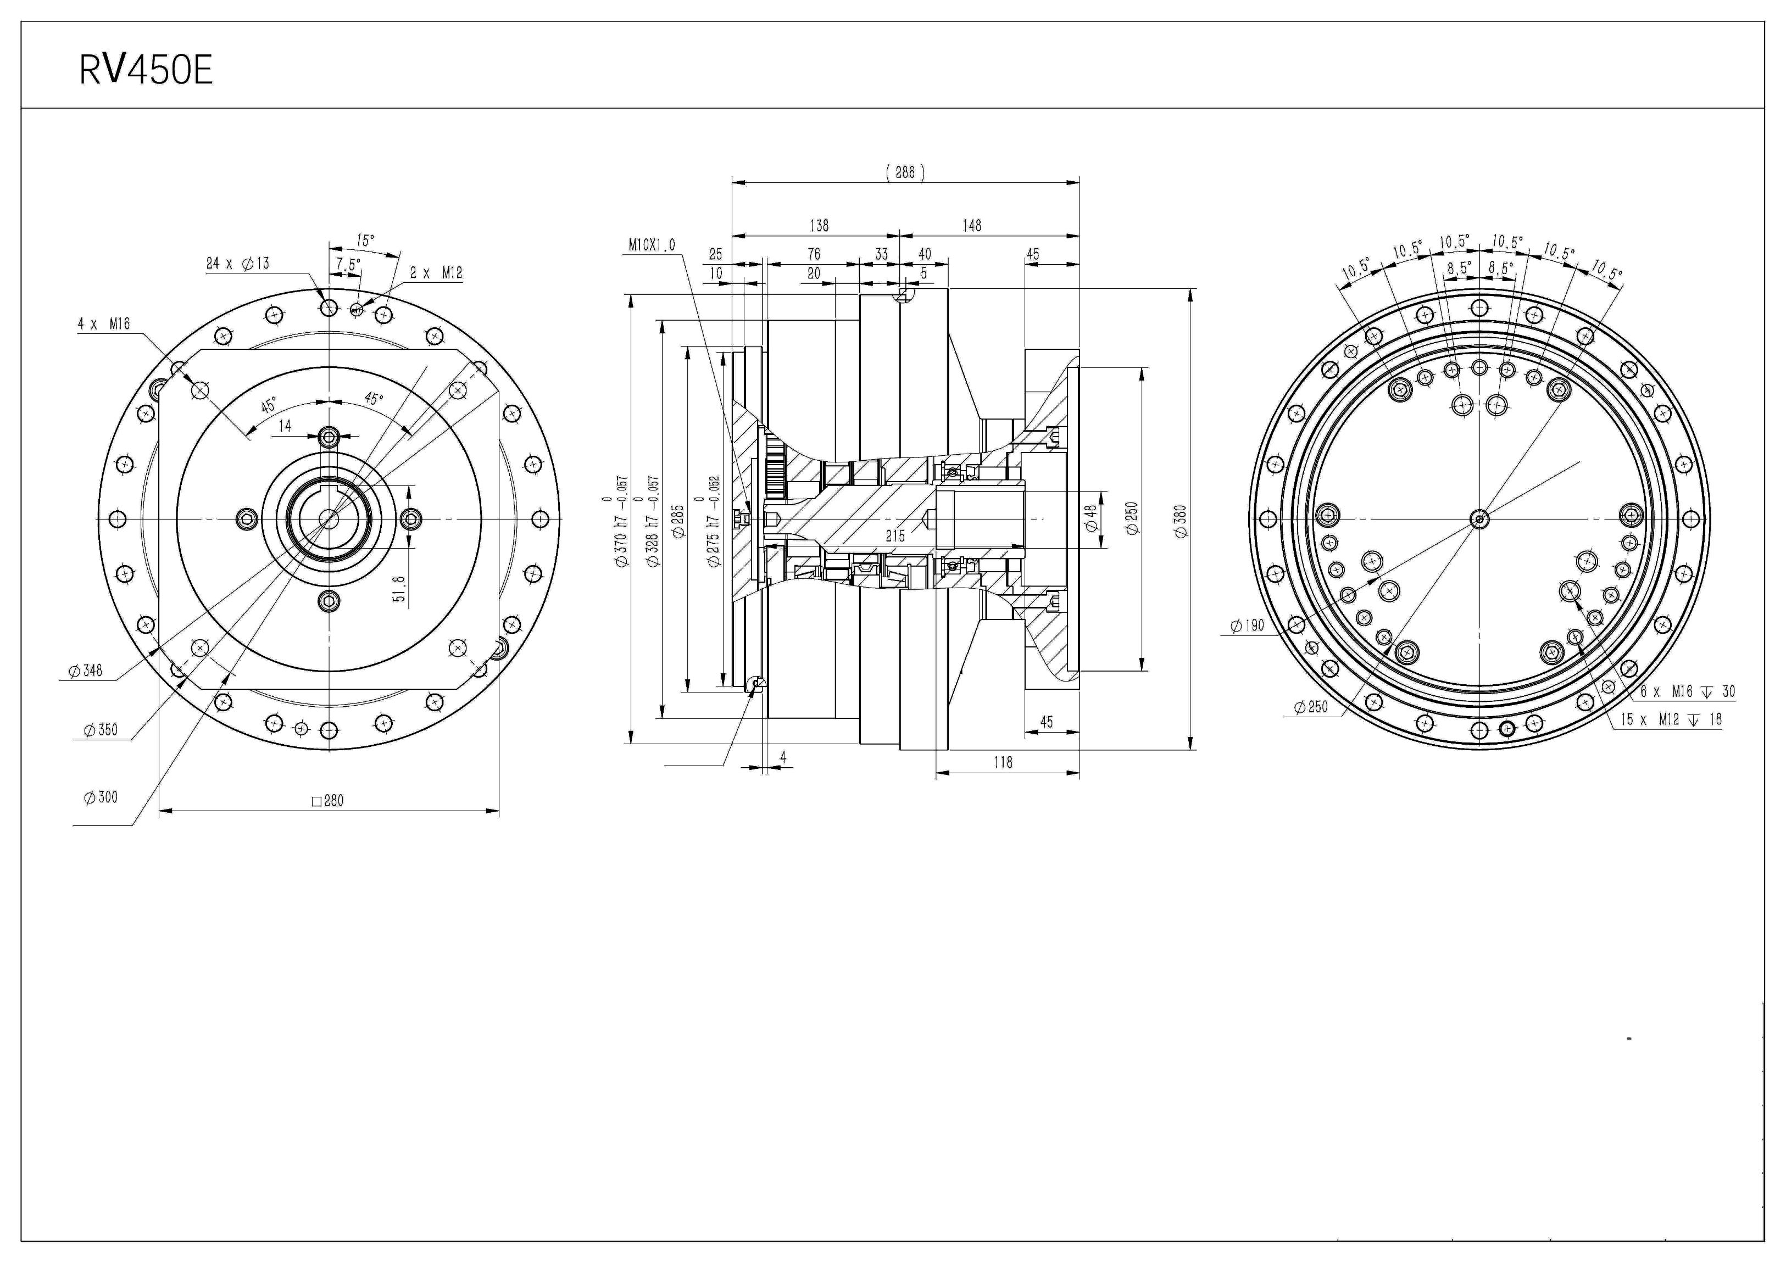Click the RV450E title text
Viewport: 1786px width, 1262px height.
pos(146,71)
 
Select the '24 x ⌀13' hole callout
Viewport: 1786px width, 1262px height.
pos(237,264)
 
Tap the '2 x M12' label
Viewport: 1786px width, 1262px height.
pos(436,273)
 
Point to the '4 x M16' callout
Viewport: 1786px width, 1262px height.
pos(103,323)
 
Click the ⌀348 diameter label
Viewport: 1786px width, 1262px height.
pos(86,671)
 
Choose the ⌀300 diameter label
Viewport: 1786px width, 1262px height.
pos(101,797)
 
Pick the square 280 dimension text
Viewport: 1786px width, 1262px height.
pos(327,801)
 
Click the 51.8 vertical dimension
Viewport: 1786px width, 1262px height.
pos(399,589)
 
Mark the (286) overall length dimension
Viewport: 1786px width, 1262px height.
pos(905,172)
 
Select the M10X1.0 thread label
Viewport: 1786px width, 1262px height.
pos(652,245)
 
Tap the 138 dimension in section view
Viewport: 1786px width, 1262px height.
pos(819,226)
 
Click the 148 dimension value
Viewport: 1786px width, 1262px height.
pos(972,226)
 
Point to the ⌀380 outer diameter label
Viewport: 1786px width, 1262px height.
pos(1181,521)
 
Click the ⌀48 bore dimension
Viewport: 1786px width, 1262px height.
pos(1092,518)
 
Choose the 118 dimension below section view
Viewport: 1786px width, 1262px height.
pos(1004,763)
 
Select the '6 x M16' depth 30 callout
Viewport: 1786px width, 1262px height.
pos(1687,691)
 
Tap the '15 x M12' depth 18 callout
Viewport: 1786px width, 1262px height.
pos(1671,720)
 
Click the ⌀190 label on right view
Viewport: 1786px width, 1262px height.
pos(1248,625)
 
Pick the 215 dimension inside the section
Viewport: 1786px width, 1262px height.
pos(895,536)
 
